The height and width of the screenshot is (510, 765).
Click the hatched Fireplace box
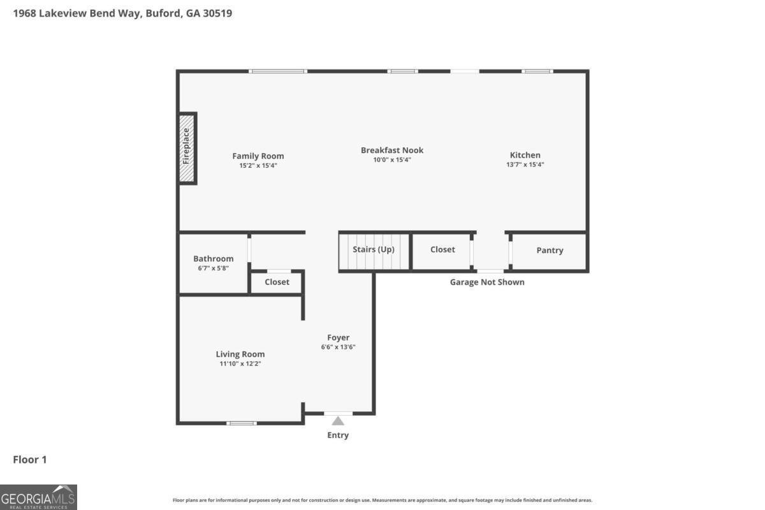coord(187,149)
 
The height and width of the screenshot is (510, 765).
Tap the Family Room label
coord(258,156)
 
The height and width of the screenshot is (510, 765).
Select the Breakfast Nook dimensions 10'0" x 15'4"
coord(392,159)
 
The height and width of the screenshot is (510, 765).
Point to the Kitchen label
coord(525,155)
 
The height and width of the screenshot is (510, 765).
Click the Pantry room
coord(549,252)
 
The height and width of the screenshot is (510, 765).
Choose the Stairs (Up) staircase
coord(374,252)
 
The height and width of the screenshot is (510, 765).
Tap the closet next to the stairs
coord(442,252)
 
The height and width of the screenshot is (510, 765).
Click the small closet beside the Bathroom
coord(276,282)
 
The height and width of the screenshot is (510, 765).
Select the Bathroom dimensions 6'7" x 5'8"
coord(214,268)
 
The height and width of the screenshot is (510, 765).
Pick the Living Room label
coord(240,354)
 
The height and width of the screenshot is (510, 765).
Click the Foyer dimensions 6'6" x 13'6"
coord(338,347)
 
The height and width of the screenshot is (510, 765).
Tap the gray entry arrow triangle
coord(338,421)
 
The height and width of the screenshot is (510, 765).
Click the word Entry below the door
coord(338,435)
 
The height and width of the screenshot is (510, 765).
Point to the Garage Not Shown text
coord(487,282)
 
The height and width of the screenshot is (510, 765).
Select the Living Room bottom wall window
coord(242,423)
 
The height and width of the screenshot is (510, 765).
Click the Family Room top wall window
coord(278,71)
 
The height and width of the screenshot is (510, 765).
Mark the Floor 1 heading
coord(30,460)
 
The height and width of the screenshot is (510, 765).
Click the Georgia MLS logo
coord(38,497)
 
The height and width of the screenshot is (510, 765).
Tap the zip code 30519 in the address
coord(217,13)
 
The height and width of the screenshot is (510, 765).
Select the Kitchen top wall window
coord(537,71)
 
